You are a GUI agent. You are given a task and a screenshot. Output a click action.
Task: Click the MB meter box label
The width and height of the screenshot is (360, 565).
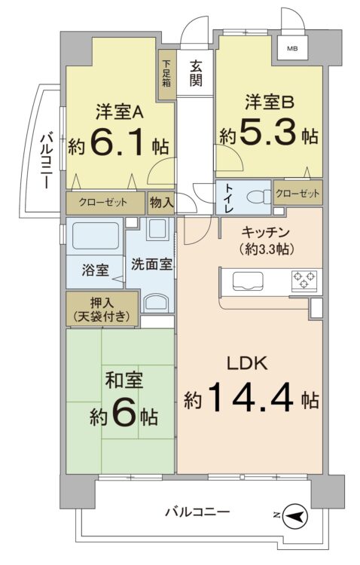[x=291, y=50]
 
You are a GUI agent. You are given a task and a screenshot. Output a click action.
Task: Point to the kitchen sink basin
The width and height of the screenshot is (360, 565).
[x=248, y=282]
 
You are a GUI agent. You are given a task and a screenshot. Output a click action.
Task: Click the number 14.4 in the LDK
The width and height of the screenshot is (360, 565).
[x=249, y=398]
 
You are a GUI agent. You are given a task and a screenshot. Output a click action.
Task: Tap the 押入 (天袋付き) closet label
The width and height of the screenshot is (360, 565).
[x=102, y=310]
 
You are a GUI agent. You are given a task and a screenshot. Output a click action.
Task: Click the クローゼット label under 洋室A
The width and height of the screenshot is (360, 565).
[x=105, y=202]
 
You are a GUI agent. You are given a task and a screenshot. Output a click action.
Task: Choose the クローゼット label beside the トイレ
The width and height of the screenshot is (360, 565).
[x=297, y=194]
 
